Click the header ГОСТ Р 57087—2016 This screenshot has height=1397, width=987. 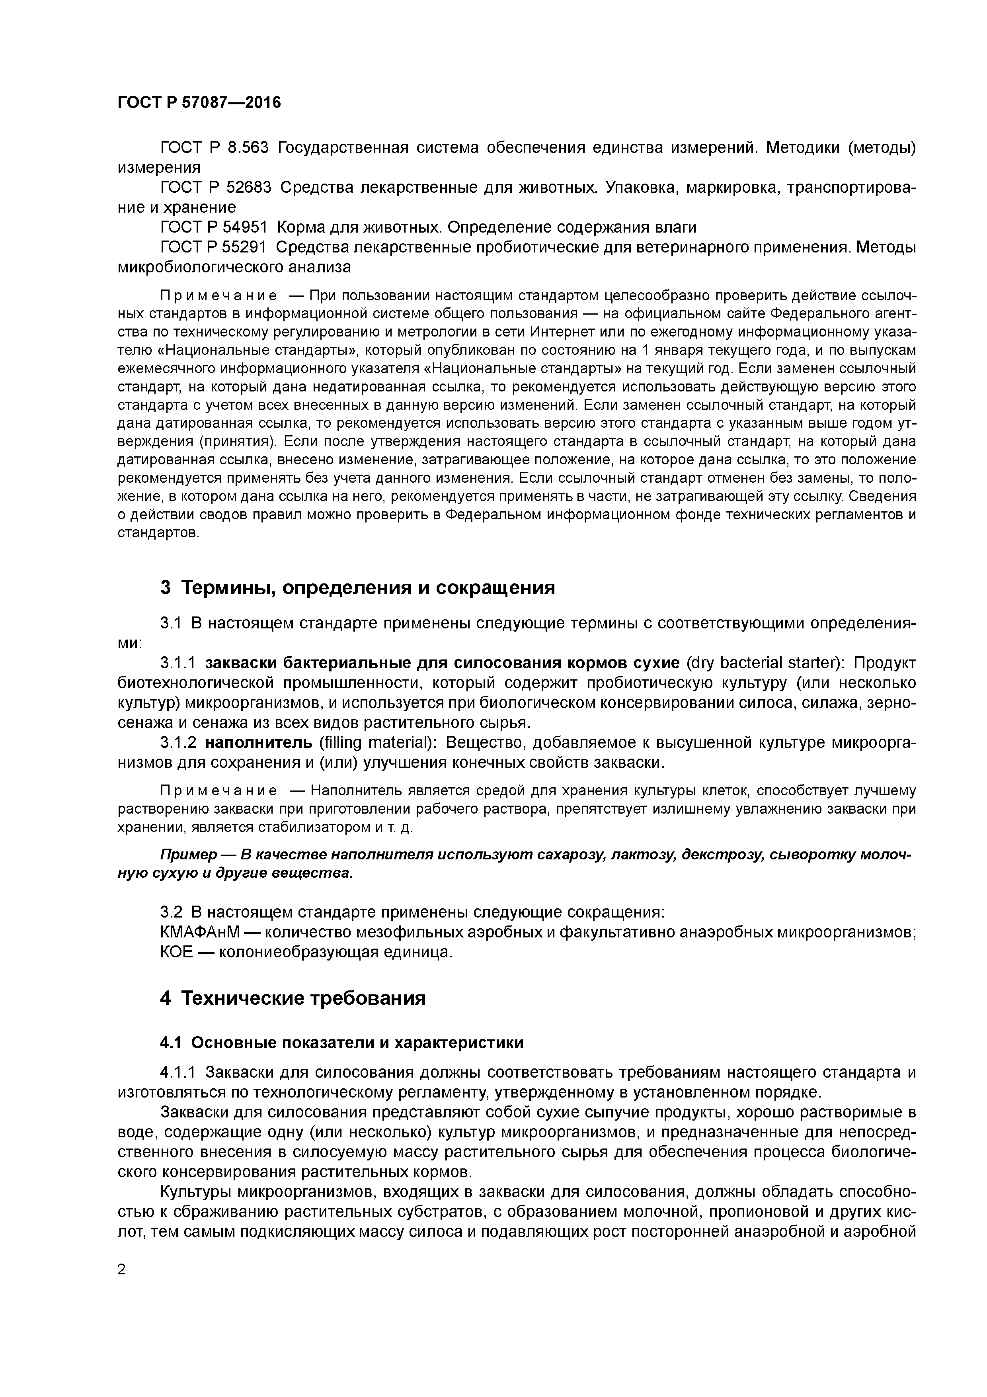(x=199, y=103)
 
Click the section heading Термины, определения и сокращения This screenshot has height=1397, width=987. (x=368, y=588)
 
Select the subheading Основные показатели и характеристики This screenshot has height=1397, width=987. (x=357, y=1042)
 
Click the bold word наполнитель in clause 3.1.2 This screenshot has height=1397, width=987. (x=259, y=743)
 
